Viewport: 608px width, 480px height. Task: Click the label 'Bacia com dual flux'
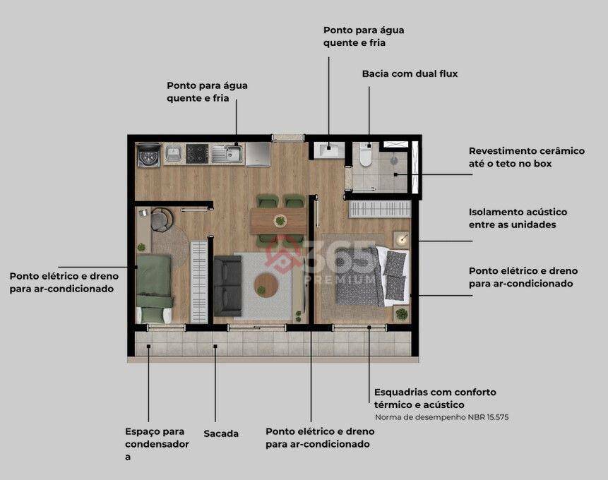tap(410, 73)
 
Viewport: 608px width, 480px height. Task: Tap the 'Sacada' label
tap(221, 433)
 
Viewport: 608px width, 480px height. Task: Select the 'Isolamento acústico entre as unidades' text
tap(518, 218)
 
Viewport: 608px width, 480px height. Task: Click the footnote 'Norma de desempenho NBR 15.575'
tap(441, 418)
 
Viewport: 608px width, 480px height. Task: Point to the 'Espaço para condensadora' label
tap(157, 444)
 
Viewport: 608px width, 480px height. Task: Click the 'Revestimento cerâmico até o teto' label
tap(527, 157)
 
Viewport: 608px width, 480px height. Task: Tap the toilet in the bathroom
tap(365, 155)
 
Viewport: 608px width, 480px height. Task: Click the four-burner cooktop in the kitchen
tap(197, 154)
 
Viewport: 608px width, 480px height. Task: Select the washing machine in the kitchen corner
tap(149, 155)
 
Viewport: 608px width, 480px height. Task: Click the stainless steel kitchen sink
tap(227, 154)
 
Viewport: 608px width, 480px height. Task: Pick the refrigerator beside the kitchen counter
tap(258, 154)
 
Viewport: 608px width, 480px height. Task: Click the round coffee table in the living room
tap(266, 285)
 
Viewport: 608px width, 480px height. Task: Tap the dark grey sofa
tap(227, 286)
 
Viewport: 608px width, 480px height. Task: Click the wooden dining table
tap(278, 221)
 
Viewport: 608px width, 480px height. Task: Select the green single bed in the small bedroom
tap(155, 289)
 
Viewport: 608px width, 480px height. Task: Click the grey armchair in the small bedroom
tap(162, 220)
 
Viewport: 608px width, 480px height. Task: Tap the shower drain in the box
tap(394, 159)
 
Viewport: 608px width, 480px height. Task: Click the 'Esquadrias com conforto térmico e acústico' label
tap(435, 398)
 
